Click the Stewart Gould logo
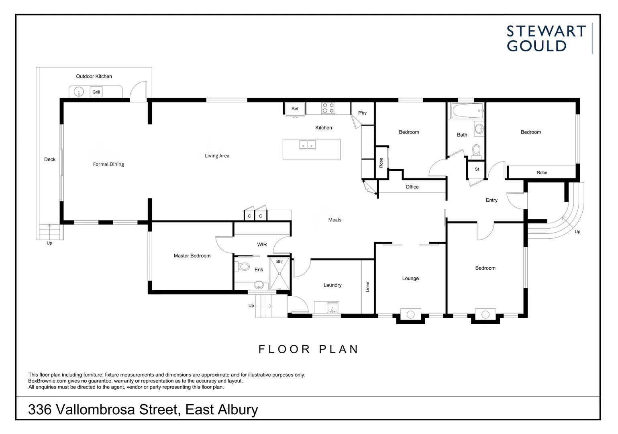click(546, 39)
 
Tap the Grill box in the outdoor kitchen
click(96, 92)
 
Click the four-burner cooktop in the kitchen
click(328, 108)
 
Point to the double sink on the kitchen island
click(307, 145)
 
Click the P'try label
click(362, 113)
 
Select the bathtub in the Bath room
click(467, 111)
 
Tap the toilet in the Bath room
click(476, 151)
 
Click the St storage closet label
click(477, 169)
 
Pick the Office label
click(412, 187)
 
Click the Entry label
click(492, 200)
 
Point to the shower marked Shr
click(279, 274)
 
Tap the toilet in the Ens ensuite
click(243, 266)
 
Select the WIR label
click(262, 244)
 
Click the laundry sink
click(332, 308)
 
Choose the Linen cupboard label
click(367, 287)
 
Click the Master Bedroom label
click(192, 256)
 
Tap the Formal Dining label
click(108, 164)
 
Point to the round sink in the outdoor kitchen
click(79, 92)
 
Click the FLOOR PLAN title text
click(308, 349)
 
